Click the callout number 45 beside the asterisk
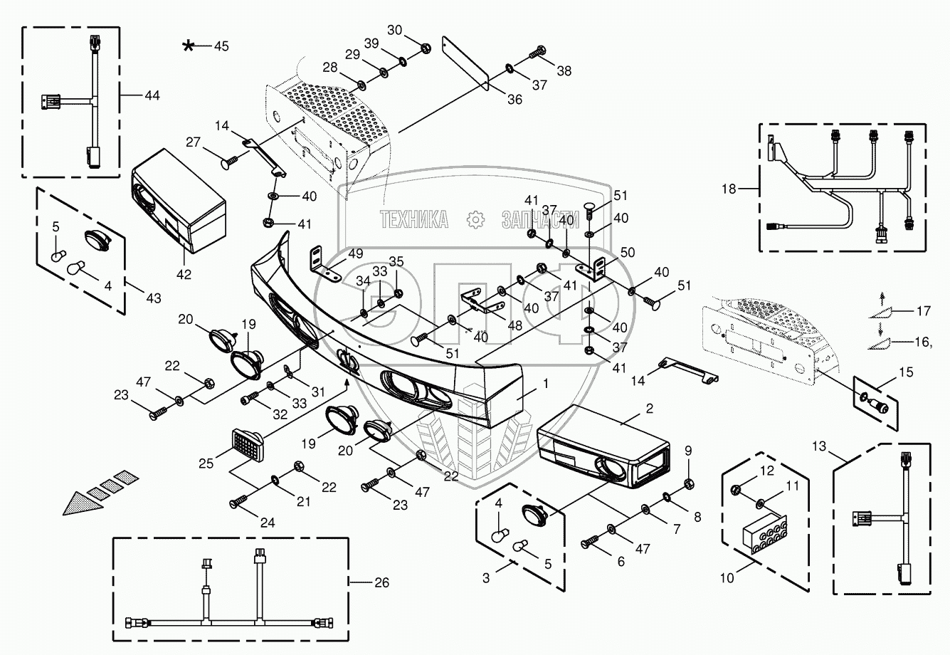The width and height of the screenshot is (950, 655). (221, 46)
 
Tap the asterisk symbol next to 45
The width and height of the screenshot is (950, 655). (188, 46)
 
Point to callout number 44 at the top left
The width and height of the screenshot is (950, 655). (152, 94)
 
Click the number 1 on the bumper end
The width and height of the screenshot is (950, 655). (545, 383)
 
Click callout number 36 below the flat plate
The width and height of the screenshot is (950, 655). (514, 100)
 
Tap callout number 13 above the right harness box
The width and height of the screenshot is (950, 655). (819, 446)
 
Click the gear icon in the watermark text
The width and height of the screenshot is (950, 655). (475, 220)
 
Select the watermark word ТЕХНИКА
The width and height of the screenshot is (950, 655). (414, 220)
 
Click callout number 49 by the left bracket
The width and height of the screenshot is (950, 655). (355, 253)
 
